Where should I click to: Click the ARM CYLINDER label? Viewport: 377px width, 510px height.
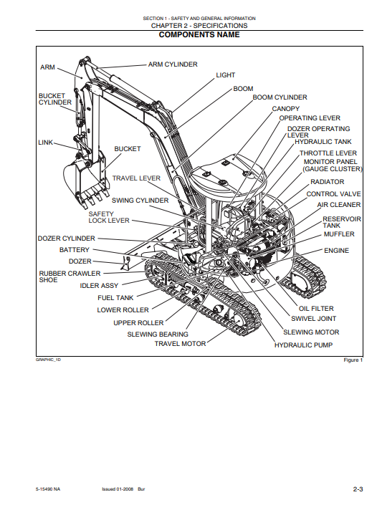173,64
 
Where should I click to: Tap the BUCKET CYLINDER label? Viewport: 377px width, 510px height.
55,99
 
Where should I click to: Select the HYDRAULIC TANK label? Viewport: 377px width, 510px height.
323,142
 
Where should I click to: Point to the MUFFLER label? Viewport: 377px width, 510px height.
339,234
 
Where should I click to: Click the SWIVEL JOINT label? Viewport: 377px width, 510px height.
313,319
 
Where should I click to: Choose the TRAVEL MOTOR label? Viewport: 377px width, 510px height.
180,344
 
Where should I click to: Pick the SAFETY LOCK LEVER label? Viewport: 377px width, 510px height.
109,217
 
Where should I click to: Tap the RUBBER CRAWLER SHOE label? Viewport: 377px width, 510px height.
70,276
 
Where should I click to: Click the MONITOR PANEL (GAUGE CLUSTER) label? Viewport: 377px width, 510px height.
332,165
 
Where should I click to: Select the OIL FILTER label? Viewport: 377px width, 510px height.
316,309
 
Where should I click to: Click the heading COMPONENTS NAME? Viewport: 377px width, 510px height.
199,35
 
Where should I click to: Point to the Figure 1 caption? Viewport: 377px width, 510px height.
353,360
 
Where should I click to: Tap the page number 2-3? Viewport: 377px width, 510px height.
358,489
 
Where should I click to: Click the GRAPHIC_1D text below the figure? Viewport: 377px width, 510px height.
48,360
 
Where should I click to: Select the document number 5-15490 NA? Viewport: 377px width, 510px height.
48,489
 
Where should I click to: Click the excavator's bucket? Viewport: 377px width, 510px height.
85,181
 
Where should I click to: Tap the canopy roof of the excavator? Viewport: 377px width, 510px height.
228,174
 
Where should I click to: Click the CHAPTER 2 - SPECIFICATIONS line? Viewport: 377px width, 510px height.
199,26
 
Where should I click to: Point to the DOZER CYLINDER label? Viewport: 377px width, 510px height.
67,239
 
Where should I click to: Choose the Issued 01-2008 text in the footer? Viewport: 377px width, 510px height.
118,489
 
